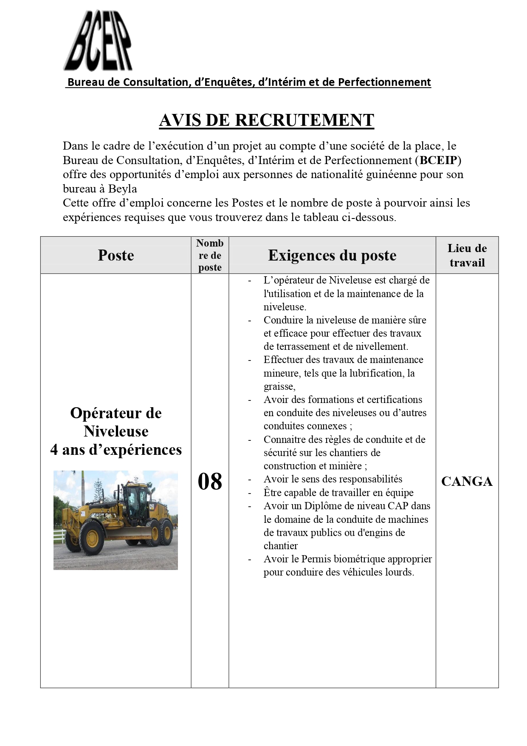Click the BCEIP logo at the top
point(98,41)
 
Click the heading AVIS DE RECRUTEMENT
point(266,120)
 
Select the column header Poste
point(116,255)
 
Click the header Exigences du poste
point(332,255)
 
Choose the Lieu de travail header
point(467,255)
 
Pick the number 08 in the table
point(210,482)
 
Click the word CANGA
point(467,482)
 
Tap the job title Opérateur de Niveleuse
point(116,422)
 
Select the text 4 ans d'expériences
point(116,450)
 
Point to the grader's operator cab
point(138,502)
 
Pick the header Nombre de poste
point(210,255)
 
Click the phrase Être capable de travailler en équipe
point(338,493)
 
